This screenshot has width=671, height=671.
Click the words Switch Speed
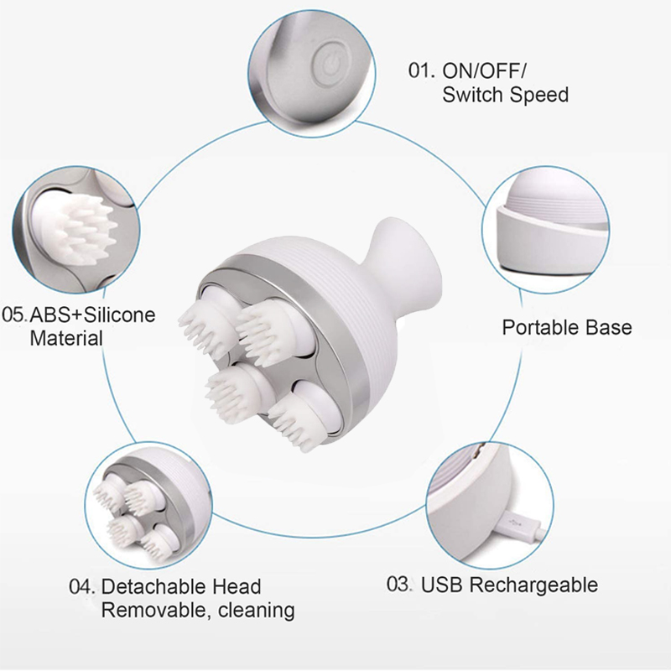505,94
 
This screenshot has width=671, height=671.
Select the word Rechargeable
533,585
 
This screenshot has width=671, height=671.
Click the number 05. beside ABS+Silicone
16,316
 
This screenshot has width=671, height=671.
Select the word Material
66,339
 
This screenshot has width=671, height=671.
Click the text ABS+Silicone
93,316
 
